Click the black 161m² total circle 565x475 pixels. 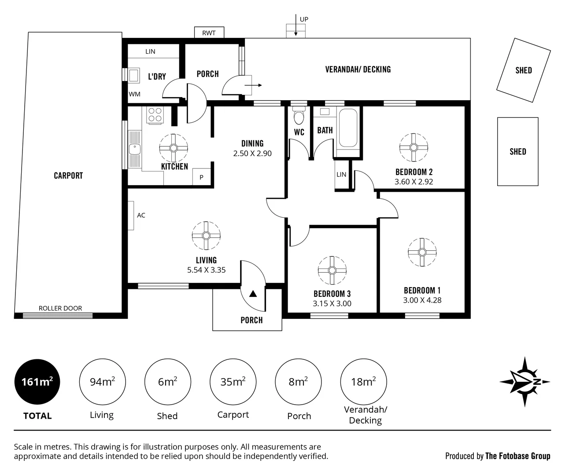(37, 382)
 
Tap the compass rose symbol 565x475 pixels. (525, 382)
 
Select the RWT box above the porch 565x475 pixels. (209, 33)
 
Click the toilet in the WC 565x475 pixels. (299, 117)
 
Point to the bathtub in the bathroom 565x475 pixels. (347, 128)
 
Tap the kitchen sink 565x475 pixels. (135, 150)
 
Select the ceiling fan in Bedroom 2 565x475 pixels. (414, 147)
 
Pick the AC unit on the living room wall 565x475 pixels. (131, 216)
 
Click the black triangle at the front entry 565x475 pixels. (253, 294)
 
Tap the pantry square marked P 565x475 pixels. (202, 177)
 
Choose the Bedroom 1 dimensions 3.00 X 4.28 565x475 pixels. (422, 300)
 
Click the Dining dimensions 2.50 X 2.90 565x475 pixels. (252, 153)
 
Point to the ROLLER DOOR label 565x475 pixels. (60, 308)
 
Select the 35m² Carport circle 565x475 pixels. (233, 382)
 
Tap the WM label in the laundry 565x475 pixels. (135, 94)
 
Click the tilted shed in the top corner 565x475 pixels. (524, 70)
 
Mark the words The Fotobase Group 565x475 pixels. (517, 456)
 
